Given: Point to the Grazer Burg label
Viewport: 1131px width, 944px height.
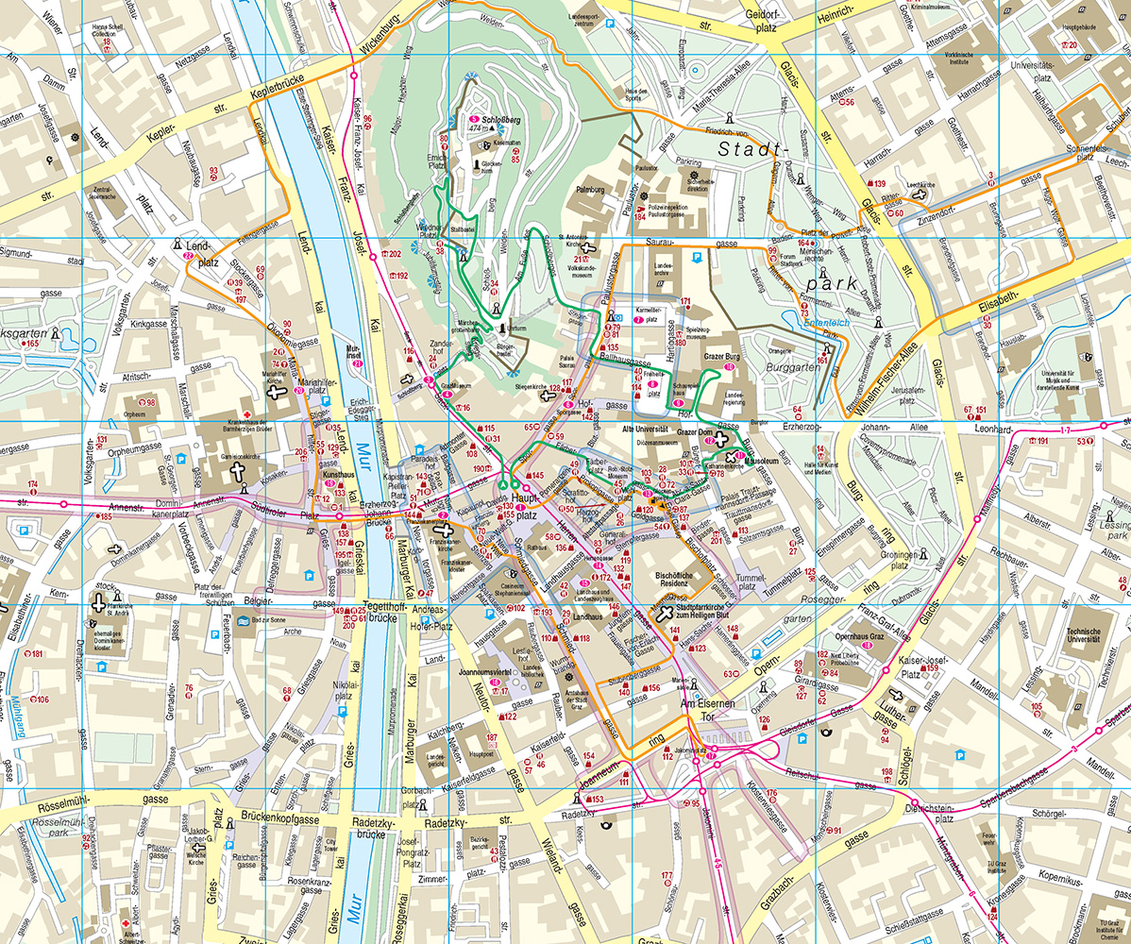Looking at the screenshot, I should click(724, 357).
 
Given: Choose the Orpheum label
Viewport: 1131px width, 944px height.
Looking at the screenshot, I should click(136, 413).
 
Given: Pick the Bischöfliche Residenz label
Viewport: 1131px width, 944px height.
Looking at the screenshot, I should click(681, 578).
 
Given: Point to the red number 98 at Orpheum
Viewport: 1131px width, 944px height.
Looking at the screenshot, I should click(150, 403).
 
